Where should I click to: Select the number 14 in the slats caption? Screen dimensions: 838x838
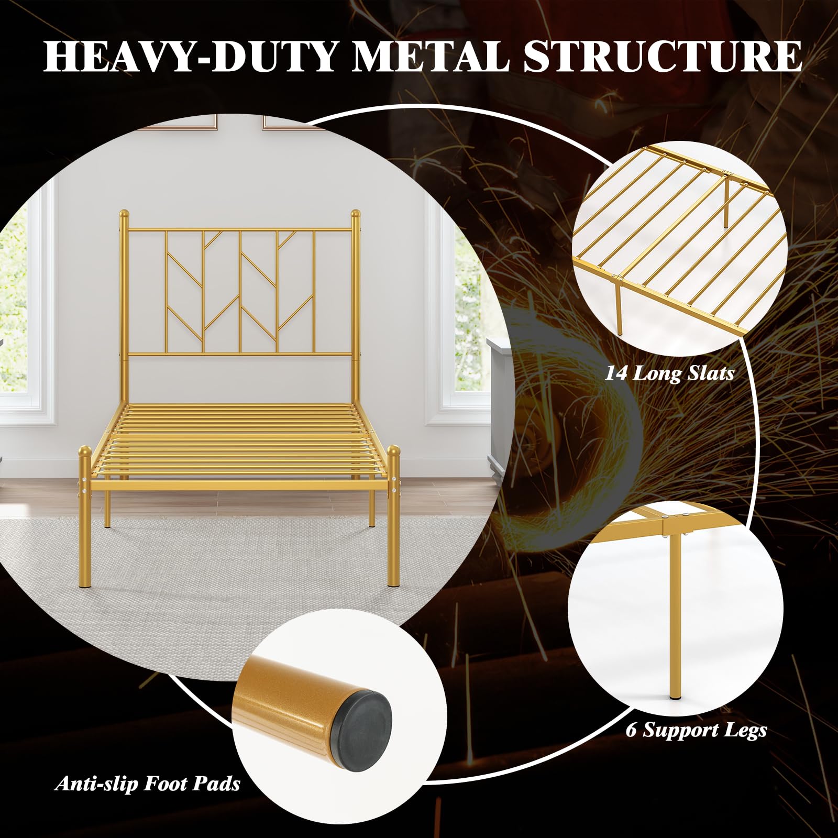(616, 373)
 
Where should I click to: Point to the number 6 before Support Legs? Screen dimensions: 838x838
(632, 730)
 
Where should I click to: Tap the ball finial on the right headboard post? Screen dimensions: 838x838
(355, 214)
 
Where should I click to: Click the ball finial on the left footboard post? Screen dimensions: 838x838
(84, 451)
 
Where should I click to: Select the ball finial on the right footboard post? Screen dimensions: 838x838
(394, 451)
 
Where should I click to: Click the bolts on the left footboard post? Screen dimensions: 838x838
(83, 486)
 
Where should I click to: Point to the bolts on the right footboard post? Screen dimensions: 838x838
(394, 486)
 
